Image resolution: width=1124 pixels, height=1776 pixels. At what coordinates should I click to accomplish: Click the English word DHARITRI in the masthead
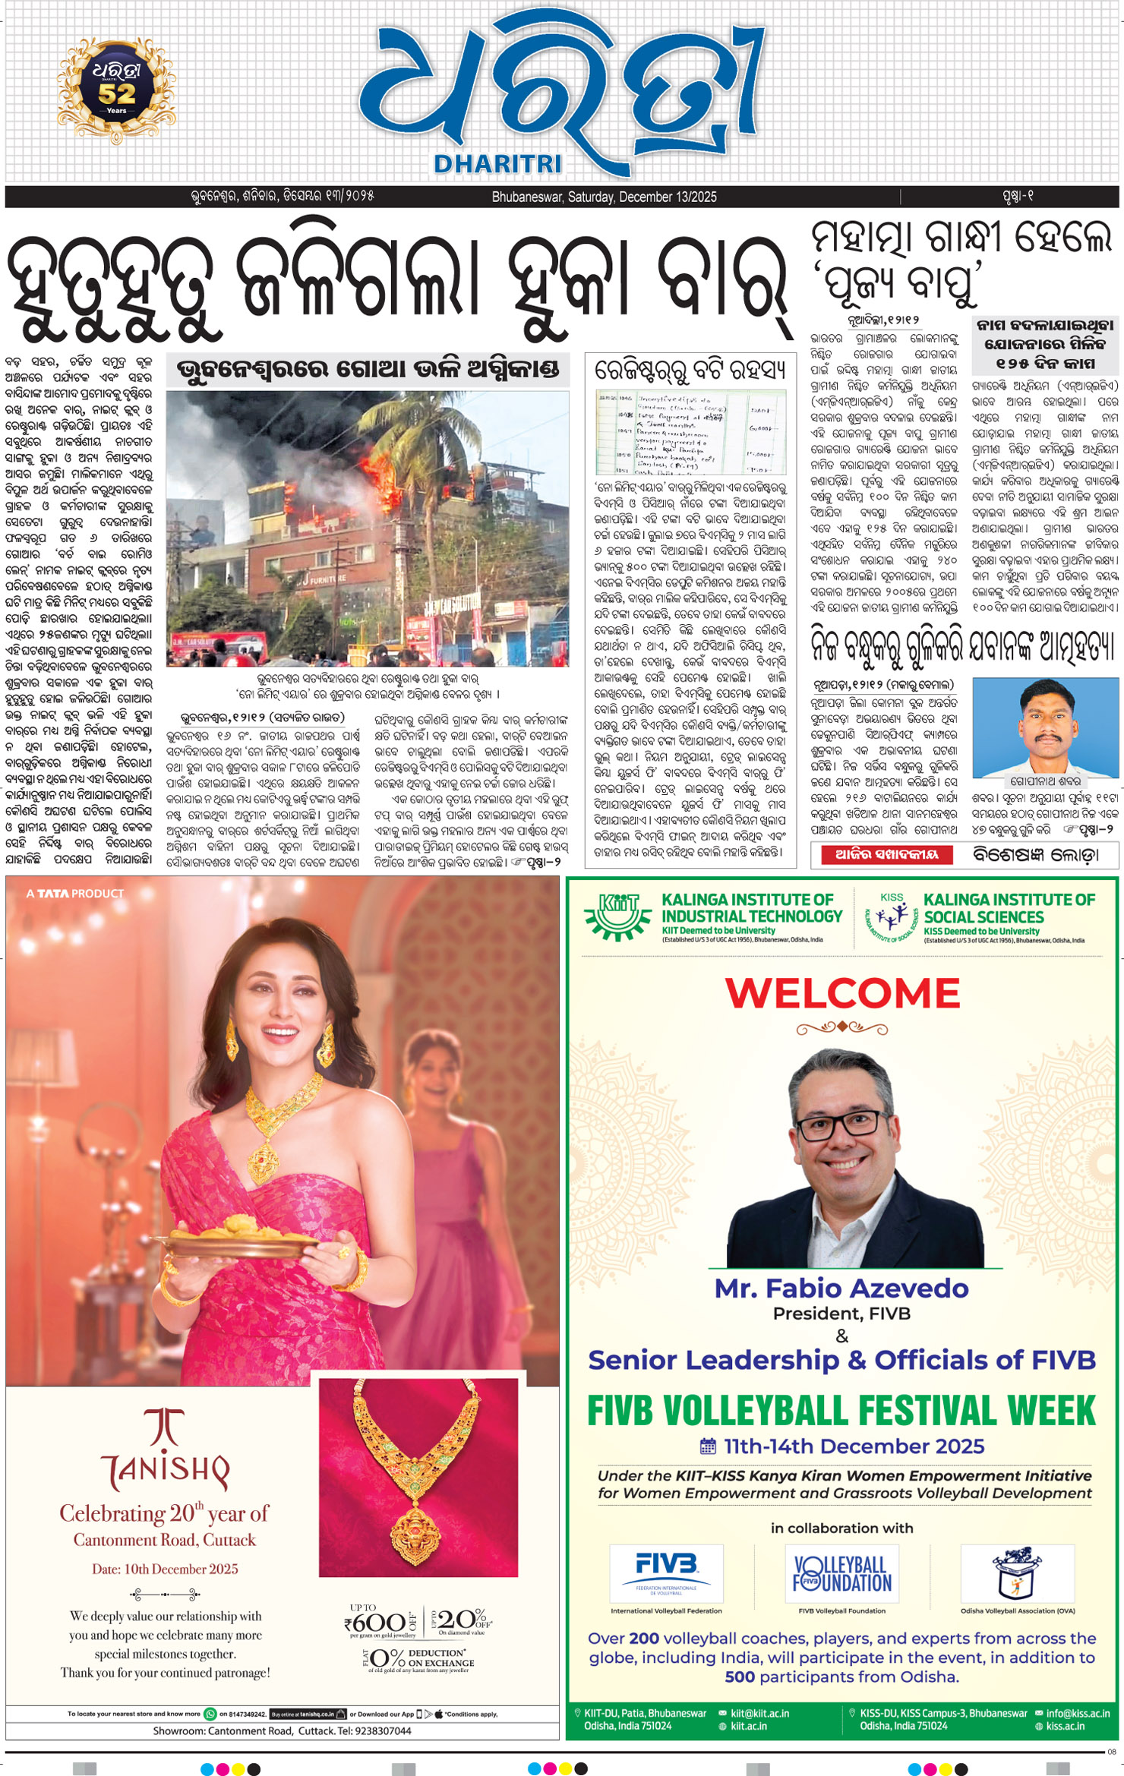pos(497,163)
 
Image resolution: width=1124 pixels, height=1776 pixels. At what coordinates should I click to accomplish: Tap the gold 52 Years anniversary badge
pos(116,90)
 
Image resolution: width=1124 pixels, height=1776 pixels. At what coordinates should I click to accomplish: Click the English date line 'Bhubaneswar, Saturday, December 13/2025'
pos(604,197)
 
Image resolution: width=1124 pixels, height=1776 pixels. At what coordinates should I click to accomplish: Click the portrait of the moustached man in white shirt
pos(1045,725)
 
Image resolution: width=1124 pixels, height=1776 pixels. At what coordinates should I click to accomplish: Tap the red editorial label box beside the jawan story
pos(887,854)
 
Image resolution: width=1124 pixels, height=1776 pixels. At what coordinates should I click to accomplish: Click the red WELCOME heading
pos(842,993)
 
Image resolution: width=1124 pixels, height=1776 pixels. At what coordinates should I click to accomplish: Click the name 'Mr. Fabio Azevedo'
pos(841,1289)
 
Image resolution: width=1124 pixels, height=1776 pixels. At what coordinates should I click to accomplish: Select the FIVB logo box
pos(666,1573)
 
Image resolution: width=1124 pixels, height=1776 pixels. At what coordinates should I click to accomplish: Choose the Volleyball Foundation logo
pos(841,1573)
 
